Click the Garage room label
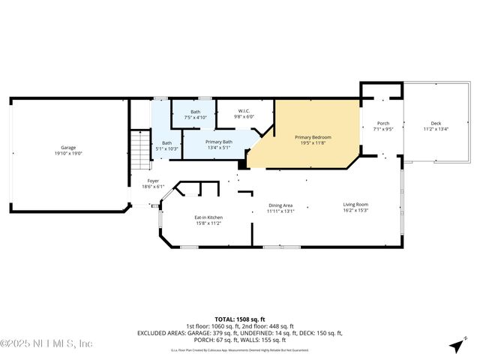point(68,148)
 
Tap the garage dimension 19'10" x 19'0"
point(68,153)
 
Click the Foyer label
point(153,181)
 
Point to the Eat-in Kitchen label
point(209,217)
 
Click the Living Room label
point(356,204)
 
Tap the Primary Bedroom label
point(313,137)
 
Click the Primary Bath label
point(219,142)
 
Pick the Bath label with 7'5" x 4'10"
point(195,112)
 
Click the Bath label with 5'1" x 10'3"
point(167,143)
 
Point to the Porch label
point(383,124)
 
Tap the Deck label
point(436,124)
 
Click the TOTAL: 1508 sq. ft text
point(239,319)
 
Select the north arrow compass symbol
point(455,346)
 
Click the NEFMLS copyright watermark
point(46,343)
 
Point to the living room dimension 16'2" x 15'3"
point(356,210)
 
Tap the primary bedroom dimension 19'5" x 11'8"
point(313,142)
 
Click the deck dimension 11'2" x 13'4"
point(436,129)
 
